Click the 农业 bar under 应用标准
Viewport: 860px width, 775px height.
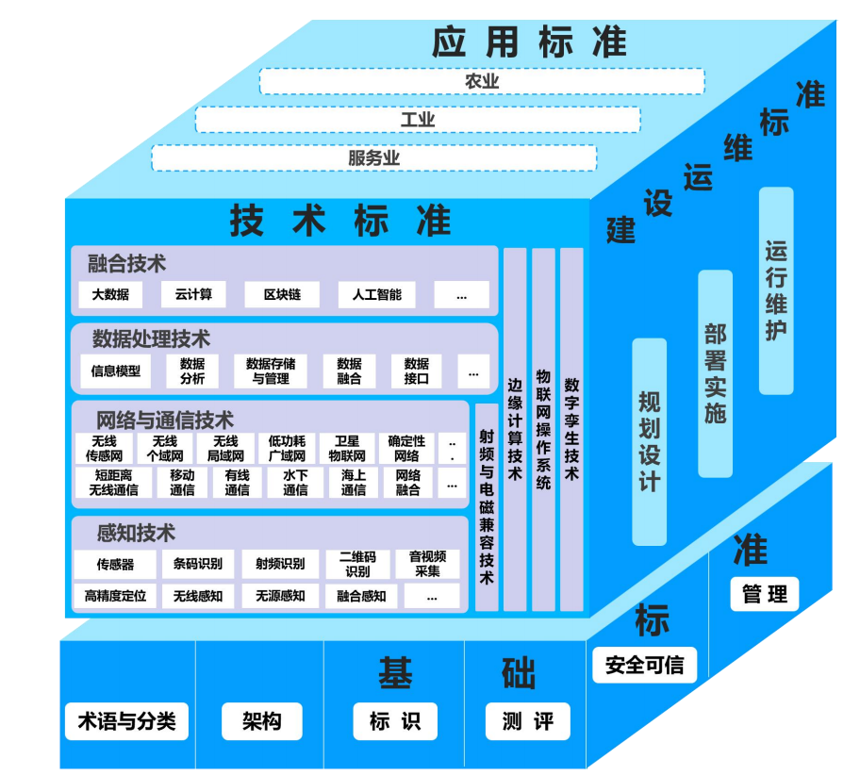[x=482, y=81]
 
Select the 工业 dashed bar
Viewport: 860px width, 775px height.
[x=418, y=120]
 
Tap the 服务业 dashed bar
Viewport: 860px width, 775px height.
[x=374, y=157]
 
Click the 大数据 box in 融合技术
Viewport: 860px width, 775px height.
[x=110, y=294]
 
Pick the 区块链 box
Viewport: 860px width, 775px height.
[x=282, y=294]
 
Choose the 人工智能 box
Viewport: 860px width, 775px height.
[x=376, y=294]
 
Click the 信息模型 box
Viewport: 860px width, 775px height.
[x=116, y=371]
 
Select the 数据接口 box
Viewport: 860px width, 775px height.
[x=416, y=371]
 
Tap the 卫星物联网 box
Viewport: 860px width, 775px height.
[x=346, y=448]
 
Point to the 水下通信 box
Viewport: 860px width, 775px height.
[x=295, y=482]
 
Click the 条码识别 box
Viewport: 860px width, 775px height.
[x=198, y=564]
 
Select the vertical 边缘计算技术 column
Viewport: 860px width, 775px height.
[x=515, y=429]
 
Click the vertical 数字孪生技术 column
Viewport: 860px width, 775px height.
[x=571, y=429]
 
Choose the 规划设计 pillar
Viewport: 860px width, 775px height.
[x=650, y=441]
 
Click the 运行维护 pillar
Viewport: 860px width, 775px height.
[x=776, y=290]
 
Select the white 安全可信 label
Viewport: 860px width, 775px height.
[x=645, y=665]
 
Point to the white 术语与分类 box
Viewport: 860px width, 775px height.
[x=126, y=722]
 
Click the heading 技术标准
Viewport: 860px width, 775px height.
[x=340, y=221]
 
